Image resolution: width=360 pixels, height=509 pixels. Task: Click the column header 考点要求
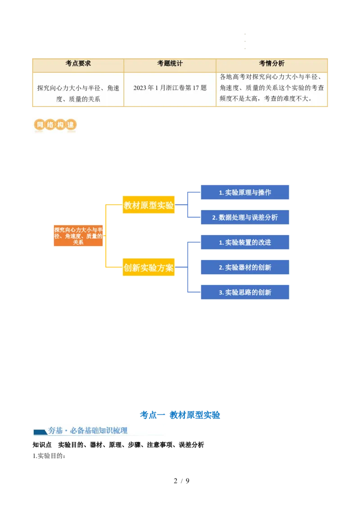(78, 64)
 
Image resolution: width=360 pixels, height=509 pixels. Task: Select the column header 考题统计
(170, 64)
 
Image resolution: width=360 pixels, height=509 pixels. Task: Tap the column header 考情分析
(271, 64)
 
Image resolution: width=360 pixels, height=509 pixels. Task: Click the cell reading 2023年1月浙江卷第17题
(170, 88)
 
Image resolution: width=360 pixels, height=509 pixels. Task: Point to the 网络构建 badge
(54, 125)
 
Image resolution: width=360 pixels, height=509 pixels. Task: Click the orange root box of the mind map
(78, 236)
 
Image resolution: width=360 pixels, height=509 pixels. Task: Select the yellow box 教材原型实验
(148, 205)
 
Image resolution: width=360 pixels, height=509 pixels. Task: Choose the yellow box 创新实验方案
(148, 268)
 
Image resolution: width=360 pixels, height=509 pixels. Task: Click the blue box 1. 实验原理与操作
(245, 192)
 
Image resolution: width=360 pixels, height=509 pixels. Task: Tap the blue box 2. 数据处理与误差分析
(245, 218)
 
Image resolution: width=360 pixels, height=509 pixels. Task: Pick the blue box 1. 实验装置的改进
(245, 242)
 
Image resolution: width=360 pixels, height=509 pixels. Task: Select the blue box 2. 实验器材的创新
(245, 268)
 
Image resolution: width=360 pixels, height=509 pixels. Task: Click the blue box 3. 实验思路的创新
(245, 292)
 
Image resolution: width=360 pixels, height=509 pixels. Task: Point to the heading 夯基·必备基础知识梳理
(88, 431)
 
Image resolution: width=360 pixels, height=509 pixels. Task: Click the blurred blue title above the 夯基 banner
(180, 415)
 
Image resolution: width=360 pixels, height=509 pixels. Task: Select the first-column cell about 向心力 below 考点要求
(78, 94)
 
